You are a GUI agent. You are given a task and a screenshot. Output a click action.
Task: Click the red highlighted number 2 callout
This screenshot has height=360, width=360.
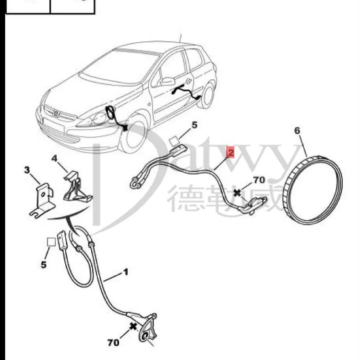231,153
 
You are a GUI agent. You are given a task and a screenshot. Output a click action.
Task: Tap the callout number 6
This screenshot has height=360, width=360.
297,130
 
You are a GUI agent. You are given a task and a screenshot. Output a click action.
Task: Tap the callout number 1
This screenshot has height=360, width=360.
126,272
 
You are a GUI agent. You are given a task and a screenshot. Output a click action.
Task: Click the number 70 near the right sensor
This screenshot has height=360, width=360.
259,180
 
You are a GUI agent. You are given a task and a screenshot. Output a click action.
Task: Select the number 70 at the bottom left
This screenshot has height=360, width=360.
113,343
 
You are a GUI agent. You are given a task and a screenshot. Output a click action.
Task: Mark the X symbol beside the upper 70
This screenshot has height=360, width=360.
237,193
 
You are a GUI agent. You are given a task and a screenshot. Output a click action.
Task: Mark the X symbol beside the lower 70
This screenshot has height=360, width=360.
132,326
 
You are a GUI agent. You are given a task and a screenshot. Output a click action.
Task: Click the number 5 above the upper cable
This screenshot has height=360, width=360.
194,126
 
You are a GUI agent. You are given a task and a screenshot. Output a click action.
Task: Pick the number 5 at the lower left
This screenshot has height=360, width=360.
44,264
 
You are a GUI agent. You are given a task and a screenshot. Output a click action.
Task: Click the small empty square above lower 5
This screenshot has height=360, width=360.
50,242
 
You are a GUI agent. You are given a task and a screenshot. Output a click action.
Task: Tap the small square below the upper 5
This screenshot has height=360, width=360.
174,142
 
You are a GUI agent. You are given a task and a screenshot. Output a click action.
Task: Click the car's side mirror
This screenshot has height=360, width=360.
168,81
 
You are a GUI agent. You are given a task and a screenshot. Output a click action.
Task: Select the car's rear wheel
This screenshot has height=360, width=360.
208,96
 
